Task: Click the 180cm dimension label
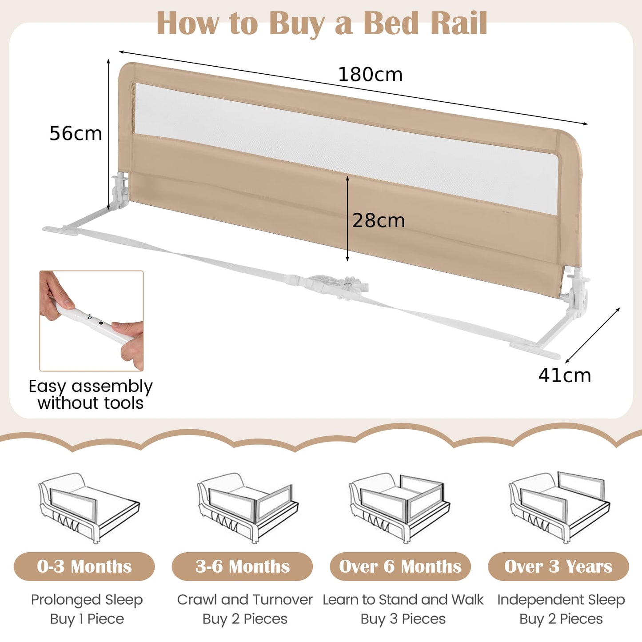click(370, 74)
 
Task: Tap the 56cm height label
click(76, 133)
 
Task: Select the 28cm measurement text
click(379, 220)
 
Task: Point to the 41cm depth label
click(565, 375)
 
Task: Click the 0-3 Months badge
click(84, 566)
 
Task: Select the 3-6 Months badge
click(243, 566)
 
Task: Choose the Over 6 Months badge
click(400, 566)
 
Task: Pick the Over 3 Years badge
click(558, 566)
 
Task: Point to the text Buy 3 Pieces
click(403, 619)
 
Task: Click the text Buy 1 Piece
click(87, 619)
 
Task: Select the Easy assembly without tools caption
click(91, 395)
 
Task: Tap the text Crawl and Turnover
click(245, 600)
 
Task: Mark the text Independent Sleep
click(561, 600)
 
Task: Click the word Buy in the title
click(297, 23)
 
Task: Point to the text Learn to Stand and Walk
click(403, 600)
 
